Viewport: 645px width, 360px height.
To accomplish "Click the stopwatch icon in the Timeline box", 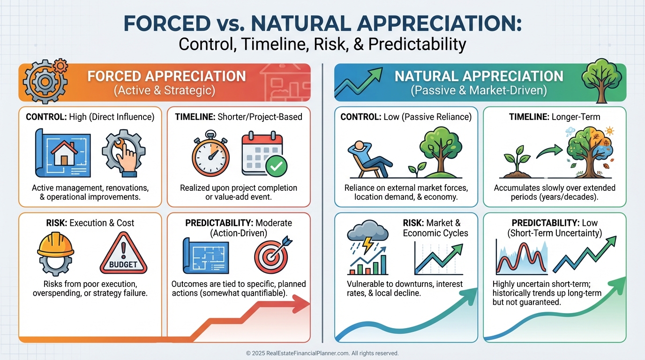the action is pos(210,154).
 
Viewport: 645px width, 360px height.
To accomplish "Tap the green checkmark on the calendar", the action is pos(276,166).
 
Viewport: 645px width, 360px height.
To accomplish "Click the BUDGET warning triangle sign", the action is pos(123,254).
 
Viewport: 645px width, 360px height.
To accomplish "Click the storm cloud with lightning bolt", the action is pos(367,237).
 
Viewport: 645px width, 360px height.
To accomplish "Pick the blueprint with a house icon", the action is pos(63,153).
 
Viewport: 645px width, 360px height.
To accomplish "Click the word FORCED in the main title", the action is pos(167,23).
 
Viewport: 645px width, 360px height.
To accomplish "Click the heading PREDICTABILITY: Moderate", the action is pos(239,223).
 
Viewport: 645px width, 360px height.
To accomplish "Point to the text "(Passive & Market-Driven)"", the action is pos(479,90).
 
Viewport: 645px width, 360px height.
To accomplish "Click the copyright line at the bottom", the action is pos(322,353).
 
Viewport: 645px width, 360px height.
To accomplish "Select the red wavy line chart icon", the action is pos(521,258).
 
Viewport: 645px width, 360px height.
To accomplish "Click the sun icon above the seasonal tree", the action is pos(609,131).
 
